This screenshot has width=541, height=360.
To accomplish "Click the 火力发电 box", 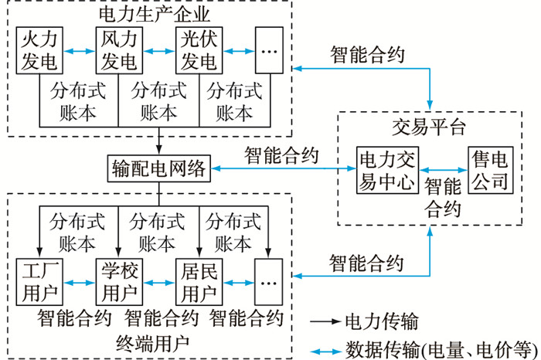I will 39,49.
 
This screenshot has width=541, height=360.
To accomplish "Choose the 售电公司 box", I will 490,171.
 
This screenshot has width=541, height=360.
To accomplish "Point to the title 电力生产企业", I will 155,13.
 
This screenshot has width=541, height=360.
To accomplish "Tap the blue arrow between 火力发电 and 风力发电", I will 79,52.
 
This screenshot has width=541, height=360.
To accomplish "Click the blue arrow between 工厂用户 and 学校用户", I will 79,284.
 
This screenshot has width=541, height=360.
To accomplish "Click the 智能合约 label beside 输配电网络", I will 281,155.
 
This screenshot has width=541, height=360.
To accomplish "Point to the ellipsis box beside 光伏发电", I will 270,49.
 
